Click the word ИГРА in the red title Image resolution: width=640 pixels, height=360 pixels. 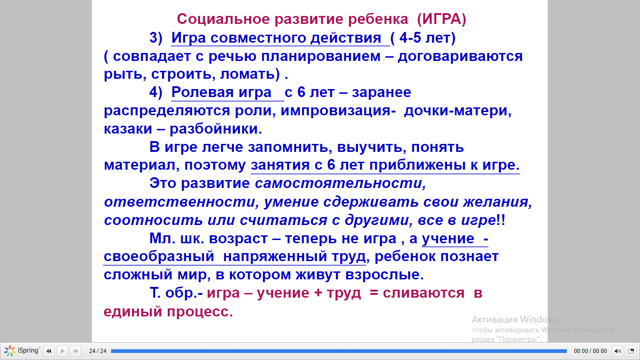click(x=441, y=19)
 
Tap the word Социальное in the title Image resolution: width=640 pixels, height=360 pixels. click(x=223, y=19)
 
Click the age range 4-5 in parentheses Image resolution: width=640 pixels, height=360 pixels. click(x=409, y=38)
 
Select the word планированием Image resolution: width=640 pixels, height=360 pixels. click(x=321, y=56)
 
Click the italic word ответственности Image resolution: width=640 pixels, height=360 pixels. click(x=179, y=202)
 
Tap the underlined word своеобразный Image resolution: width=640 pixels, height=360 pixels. click(x=159, y=256)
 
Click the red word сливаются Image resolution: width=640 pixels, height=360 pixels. click(x=424, y=293)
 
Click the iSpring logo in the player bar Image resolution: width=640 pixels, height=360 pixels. click(x=22, y=351)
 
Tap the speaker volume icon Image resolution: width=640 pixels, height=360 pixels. click(x=618, y=351)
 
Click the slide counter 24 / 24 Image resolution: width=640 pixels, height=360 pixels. click(x=98, y=351)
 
